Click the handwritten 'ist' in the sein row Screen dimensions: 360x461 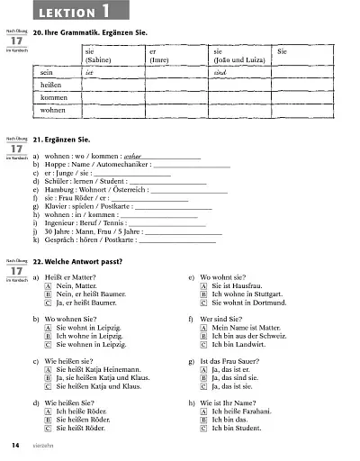click(x=89, y=68)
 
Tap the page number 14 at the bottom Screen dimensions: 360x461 click(x=15, y=447)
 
